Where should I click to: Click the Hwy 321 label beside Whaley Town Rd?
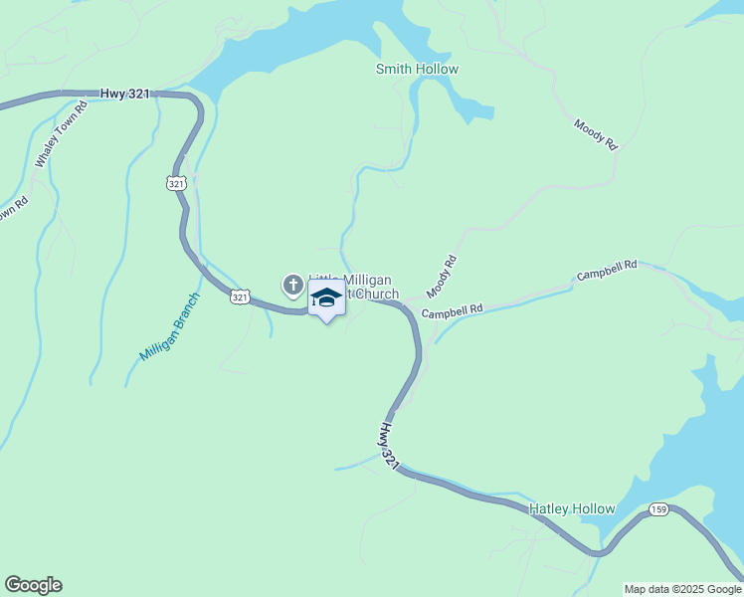point(125,94)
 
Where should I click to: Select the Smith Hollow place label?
point(417,69)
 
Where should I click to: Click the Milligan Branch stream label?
point(170,326)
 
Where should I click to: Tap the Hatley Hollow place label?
point(572,508)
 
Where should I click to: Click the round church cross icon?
point(293,287)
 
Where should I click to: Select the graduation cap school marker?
point(326,298)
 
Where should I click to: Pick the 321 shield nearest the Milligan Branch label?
point(240,297)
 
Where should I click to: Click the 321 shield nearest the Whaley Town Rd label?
point(176,183)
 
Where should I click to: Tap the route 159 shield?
point(658,509)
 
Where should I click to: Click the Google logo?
point(33,585)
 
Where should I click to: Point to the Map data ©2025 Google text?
point(682,589)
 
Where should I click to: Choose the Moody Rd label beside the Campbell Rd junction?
point(441,277)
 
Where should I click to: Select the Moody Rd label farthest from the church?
point(596,134)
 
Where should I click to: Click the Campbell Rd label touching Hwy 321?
point(452,311)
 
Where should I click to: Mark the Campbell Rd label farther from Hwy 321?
point(607,271)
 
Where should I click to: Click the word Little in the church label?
point(322,281)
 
